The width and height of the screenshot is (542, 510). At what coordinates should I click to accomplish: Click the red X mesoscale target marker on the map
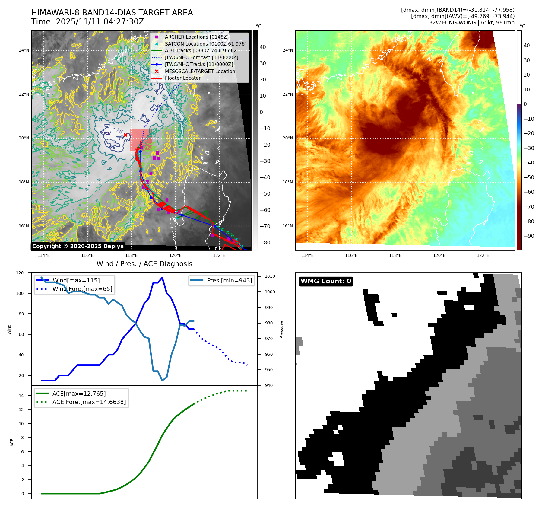coord(126,135)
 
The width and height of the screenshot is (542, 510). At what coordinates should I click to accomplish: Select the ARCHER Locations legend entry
coord(196,37)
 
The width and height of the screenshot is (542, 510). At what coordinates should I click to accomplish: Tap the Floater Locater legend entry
coord(182,78)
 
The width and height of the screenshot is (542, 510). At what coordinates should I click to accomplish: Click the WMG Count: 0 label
coord(326,281)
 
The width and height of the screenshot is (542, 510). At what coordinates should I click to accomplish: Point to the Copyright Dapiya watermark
coord(78,246)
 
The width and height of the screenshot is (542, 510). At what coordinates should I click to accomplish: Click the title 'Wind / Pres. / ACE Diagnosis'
coord(144,264)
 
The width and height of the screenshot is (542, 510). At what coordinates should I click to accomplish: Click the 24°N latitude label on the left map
coord(24,50)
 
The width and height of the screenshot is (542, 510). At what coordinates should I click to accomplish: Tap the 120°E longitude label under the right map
coord(439,255)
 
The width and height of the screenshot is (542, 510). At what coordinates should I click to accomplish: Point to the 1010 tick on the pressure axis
coord(270,276)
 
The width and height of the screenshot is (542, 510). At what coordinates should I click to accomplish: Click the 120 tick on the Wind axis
coord(20,273)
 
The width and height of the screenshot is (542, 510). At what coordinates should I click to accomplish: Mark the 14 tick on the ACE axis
coord(21,396)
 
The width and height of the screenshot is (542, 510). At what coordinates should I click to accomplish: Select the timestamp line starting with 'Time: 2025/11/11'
coord(87,22)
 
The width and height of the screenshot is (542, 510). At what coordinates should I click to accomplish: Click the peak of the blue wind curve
coord(162,277)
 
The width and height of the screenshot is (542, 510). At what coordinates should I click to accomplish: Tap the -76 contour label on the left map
coord(118,130)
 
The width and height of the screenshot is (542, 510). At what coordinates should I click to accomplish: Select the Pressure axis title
coord(281,330)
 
